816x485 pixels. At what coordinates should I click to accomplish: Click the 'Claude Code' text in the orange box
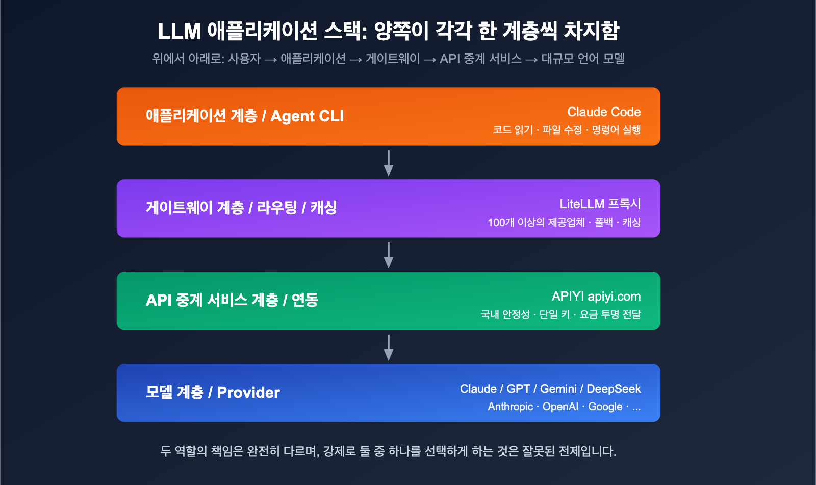(604, 112)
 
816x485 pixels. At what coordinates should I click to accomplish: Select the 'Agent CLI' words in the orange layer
(307, 116)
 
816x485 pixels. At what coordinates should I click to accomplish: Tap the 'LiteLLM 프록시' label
(600, 204)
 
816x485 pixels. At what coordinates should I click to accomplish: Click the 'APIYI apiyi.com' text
(596, 296)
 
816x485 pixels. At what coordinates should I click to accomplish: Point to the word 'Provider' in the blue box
(248, 392)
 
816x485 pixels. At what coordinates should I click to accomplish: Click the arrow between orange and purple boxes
(389, 163)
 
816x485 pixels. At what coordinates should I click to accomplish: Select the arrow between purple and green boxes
(389, 255)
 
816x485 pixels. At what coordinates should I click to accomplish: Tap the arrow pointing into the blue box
(389, 347)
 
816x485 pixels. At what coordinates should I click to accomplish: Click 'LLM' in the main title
(179, 32)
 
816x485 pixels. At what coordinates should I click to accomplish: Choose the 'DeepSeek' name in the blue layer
(614, 389)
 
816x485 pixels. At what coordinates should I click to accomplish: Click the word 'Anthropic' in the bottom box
(510, 407)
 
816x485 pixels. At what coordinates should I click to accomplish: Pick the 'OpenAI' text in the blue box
(560, 407)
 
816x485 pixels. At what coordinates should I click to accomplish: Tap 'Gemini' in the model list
(558, 389)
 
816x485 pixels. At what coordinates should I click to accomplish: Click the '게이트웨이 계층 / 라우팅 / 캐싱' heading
(241, 208)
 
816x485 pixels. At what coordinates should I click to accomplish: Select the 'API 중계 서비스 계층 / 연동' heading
(232, 300)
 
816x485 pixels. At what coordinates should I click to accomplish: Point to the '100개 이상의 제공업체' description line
(536, 222)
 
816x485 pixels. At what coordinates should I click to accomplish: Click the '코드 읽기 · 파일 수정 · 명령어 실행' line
(566, 130)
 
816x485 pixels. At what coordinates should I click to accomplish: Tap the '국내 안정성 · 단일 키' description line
(525, 314)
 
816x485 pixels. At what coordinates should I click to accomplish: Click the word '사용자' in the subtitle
(244, 59)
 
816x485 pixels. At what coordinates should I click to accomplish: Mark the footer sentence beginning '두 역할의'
(388, 451)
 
